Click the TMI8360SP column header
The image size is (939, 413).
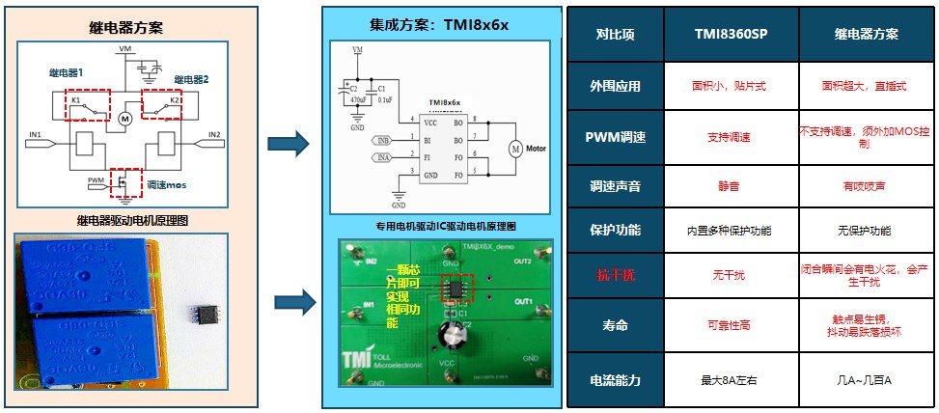coord(731,34)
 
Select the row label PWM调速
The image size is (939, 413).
coord(615,137)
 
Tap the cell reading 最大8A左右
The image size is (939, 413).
coord(731,379)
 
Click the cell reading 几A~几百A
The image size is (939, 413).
coord(866,379)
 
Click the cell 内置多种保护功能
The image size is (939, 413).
coord(731,232)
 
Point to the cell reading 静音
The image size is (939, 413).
coord(731,184)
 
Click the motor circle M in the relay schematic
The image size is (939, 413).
coord(124,119)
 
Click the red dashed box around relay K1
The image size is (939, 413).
coord(87,104)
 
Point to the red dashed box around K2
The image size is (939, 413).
coord(161,101)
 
